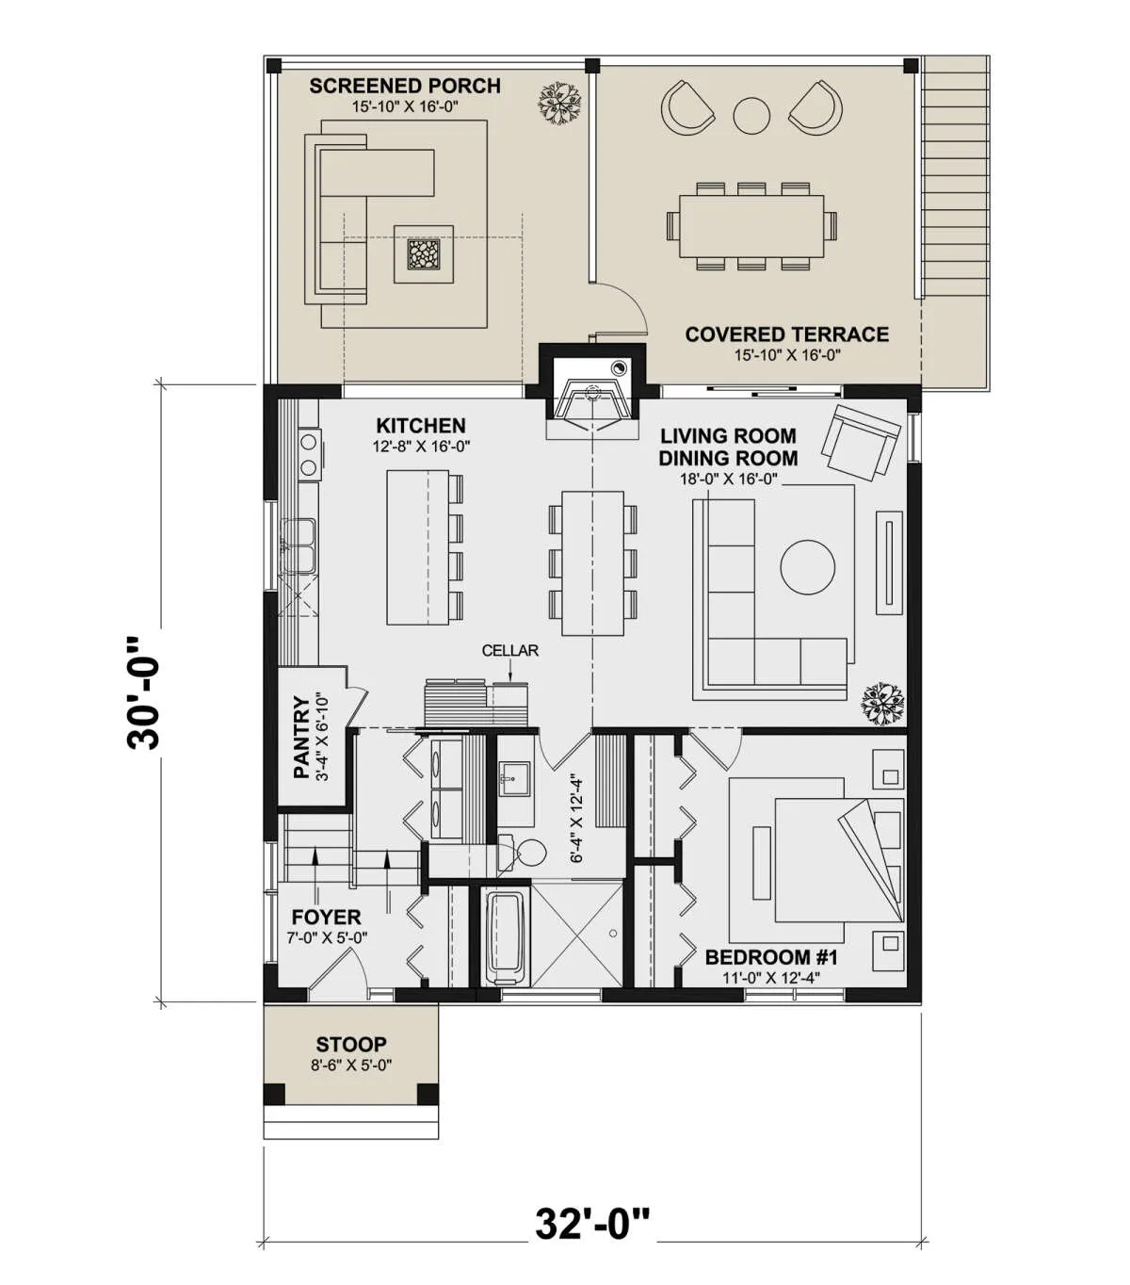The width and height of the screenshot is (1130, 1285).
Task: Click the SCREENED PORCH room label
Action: [x=405, y=86]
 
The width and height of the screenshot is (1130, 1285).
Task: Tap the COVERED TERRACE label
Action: [x=787, y=334]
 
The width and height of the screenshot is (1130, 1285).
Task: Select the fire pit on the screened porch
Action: [x=423, y=253]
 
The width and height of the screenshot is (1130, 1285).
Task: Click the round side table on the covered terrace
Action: [x=751, y=116]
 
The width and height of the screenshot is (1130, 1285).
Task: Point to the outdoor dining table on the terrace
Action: [x=751, y=226]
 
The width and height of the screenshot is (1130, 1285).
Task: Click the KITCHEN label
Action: [x=421, y=425]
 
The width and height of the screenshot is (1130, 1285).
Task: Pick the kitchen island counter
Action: [x=418, y=547]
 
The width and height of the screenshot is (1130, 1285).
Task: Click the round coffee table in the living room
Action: [x=807, y=567]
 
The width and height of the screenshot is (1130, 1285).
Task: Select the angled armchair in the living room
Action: [x=861, y=441]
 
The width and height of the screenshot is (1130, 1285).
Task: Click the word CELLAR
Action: [x=509, y=650]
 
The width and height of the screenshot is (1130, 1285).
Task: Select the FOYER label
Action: [x=326, y=917]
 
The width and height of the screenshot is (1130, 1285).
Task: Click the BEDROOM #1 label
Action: [x=771, y=956]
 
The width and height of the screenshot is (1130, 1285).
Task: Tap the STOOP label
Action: [x=351, y=1044]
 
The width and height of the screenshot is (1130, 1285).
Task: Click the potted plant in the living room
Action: [x=882, y=704]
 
